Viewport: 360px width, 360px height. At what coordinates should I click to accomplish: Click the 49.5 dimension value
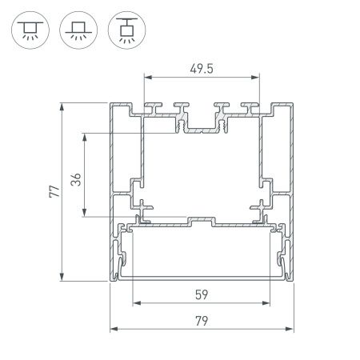click(x=202, y=68)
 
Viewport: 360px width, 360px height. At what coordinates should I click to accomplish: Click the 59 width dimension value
click(x=202, y=294)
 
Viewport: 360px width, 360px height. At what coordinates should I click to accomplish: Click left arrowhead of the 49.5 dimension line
click(x=147, y=78)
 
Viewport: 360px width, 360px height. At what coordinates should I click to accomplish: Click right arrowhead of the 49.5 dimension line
click(x=258, y=78)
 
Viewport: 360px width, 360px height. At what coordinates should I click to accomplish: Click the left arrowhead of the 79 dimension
click(x=112, y=328)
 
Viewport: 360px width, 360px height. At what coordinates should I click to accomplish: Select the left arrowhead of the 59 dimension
click(x=134, y=302)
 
